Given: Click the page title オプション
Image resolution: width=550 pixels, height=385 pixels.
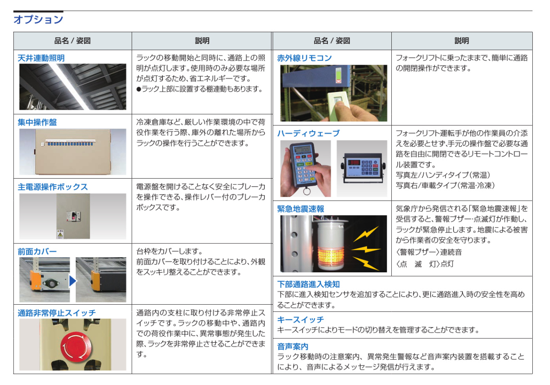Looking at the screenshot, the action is coord(38,20).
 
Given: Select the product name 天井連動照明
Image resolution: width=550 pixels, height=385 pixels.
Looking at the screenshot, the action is coord(41,58).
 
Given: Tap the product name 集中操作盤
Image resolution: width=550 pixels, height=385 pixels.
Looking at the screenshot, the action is coord(37,122).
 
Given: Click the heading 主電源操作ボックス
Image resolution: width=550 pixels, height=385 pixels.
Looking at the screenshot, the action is coord(53,187).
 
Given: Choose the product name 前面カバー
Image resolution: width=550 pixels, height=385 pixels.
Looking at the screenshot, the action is coord(37,251).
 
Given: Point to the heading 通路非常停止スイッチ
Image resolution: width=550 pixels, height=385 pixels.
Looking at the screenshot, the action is coord(56,313).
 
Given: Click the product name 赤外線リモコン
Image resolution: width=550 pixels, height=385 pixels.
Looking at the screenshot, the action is coord(304,58).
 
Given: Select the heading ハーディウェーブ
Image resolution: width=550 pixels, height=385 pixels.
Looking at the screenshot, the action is coord(308,133).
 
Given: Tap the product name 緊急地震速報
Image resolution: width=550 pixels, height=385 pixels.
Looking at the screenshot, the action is coord(300,209).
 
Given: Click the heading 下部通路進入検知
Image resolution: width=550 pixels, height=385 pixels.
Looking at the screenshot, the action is coord(308,284).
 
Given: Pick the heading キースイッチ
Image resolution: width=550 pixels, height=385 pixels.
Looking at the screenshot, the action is coord(300,319).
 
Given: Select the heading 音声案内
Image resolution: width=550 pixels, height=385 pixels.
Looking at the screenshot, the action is coord(293,346).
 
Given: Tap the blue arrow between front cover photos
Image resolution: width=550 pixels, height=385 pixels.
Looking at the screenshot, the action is coord(73,281).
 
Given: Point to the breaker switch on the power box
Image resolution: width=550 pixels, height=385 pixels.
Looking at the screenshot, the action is coord(73,216).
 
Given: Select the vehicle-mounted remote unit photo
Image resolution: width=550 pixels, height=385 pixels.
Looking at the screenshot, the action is coord(361,169).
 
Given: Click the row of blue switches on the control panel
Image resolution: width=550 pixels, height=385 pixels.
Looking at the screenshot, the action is coord(70,144).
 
